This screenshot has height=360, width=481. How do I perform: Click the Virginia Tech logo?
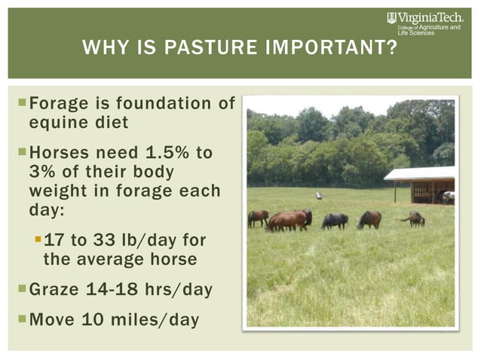click(427, 17)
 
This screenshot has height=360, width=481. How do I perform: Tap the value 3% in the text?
click(42, 172)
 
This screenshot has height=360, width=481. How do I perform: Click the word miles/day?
click(158, 320)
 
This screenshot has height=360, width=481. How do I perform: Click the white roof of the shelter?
click(420, 173)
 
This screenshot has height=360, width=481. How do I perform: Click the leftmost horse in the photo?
click(258, 218)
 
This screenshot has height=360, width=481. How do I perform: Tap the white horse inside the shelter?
click(449, 197)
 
